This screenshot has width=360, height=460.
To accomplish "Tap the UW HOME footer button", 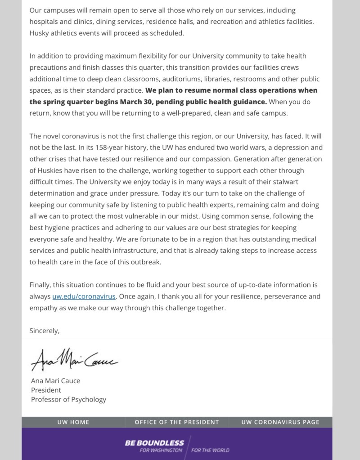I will point(73,422).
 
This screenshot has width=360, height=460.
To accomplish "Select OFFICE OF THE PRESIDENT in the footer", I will point(177,422).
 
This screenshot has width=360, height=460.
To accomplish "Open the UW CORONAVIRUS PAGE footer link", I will point(280,422).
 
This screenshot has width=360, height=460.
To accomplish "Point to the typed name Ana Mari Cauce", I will point(55,380).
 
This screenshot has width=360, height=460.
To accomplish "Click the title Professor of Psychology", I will point(68,399).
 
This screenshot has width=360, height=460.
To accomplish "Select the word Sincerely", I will point(44,330).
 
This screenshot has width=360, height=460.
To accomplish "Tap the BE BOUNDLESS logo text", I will point(154,443).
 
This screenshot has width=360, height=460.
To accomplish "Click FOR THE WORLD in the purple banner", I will point(210,450).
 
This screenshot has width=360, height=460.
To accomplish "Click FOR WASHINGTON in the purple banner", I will point(161,450).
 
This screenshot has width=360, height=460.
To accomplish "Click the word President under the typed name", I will point(46,390).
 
